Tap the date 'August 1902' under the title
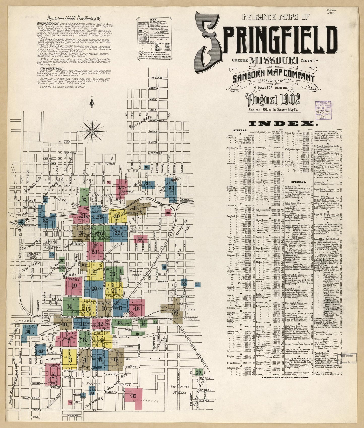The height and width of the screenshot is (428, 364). coord(274,100)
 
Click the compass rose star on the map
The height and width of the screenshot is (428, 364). coord(92,131)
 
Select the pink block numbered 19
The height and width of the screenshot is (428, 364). coord(74,286)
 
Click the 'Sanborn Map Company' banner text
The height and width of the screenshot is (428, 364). coord(273,76)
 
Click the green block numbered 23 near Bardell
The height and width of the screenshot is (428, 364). coord(199,372)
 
